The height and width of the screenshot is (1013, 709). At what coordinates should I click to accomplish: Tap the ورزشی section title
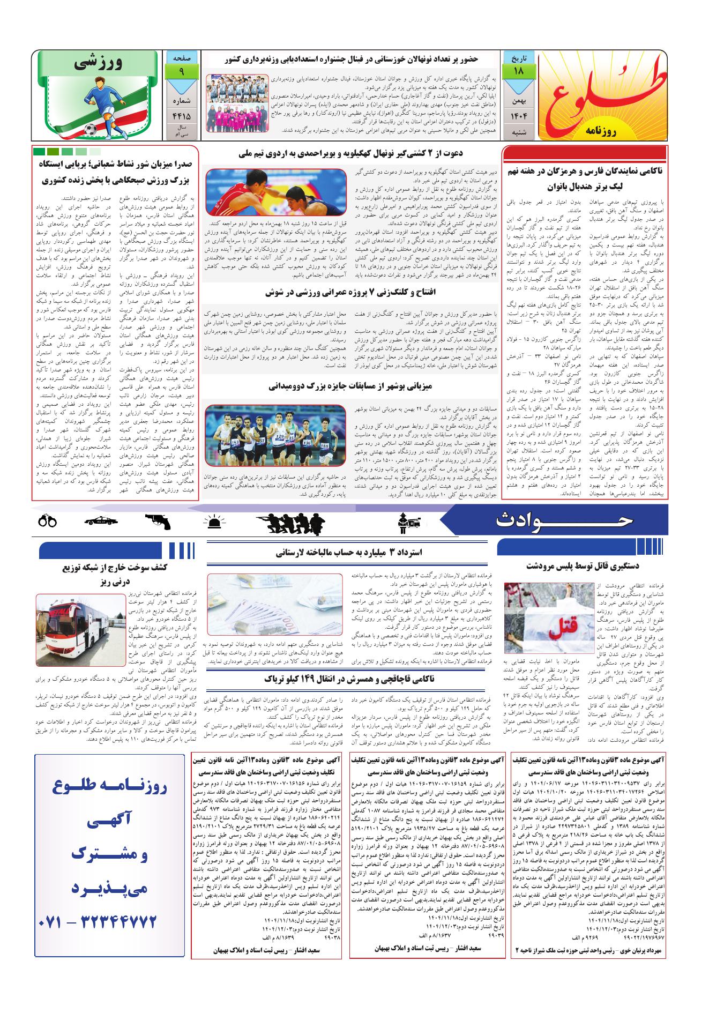100,63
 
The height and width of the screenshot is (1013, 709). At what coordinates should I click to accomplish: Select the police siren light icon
214,522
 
